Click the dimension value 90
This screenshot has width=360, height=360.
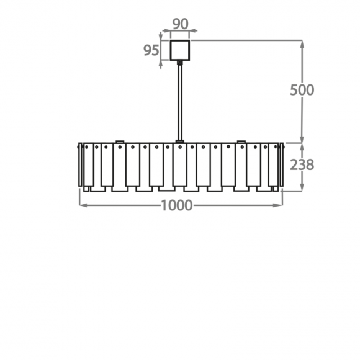pyautogui.click(x=181, y=24)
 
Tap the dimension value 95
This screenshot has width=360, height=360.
pyautogui.click(x=151, y=50)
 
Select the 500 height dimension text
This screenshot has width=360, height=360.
pyautogui.click(x=302, y=90)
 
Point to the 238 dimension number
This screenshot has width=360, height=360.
pyautogui.click(x=302, y=164)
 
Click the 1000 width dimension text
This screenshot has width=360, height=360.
pyautogui.click(x=177, y=205)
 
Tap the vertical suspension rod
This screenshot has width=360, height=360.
pyautogui.click(x=180, y=102)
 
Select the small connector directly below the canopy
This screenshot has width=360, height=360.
pyautogui.click(x=180, y=63)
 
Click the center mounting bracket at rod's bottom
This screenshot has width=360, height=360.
pyautogui.click(x=180, y=142)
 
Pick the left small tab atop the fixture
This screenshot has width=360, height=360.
pyautogui.click(x=120, y=142)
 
